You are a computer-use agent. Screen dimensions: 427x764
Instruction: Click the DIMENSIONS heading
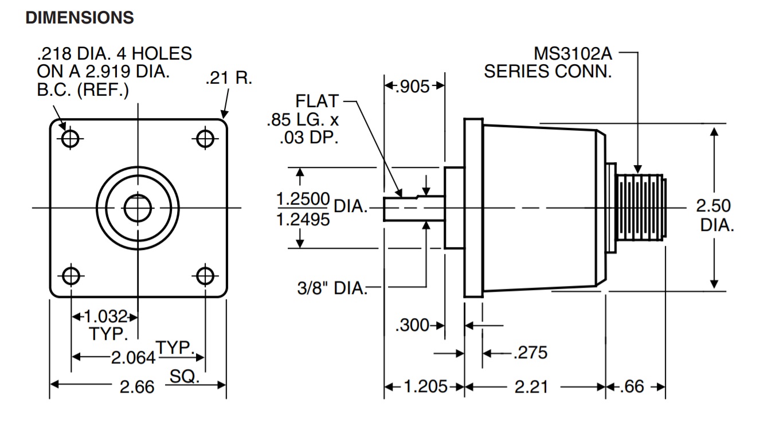80,18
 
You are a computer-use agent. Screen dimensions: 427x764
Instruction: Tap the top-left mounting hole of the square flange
70,138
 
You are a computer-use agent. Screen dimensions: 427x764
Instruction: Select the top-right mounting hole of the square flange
205,138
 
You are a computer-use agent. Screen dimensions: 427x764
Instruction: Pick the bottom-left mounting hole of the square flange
70,276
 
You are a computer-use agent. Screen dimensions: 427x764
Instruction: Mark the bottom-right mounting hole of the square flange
205,276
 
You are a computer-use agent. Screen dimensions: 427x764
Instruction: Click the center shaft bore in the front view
138,207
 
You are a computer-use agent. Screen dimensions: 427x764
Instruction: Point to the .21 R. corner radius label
228,79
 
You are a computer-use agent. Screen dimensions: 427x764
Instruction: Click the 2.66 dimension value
137,387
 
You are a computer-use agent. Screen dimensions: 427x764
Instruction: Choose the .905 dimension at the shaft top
414,87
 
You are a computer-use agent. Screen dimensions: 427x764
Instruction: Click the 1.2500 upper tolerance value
303,199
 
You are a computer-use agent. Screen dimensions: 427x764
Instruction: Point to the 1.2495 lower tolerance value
303,219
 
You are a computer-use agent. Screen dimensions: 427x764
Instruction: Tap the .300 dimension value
412,326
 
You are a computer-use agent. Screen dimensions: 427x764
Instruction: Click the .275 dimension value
530,352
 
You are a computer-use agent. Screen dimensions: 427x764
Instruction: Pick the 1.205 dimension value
425,387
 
